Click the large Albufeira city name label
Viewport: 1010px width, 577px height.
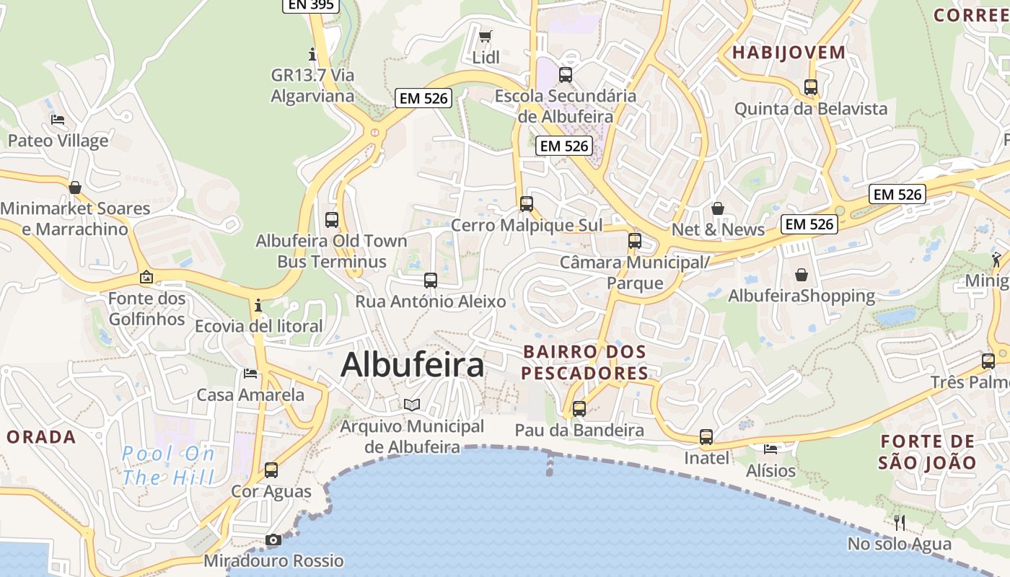click(x=412, y=365)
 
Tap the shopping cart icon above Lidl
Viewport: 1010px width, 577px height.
click(x=486, y=36)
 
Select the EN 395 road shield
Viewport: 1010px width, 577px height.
click(x=310, y=5)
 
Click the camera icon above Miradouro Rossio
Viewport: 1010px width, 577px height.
click(x=273, y=539)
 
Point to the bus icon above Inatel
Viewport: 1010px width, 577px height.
click(x=706, y=437)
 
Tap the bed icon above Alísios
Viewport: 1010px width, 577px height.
click(x=770, y=449)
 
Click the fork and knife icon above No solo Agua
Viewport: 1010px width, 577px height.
click(x=899, y=522)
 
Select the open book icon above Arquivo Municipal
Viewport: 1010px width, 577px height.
click(x=411, y=405)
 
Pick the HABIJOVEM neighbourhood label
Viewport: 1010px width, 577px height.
click(x=789, y=53)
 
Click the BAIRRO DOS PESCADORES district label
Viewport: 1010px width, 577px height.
click(x=585, y=363)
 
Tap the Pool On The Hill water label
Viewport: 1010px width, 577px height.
click(x=169, y=465)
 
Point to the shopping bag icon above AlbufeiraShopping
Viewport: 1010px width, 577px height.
click(x=801, y=275)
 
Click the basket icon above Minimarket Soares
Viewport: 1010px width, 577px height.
click(x=75, y=188)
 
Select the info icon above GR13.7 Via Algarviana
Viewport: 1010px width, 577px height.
click(x=312, y=54)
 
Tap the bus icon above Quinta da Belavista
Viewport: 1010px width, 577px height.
click(x=811, y=87)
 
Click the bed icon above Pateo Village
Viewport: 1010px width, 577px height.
click(x=58, y=120)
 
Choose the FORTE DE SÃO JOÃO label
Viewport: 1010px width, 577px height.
click(x=928, y=452)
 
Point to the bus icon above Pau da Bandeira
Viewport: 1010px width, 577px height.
click(x=579, y=409)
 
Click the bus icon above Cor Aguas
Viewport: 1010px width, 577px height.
click(x=271, y=470)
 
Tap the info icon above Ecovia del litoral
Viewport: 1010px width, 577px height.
click(x=258, y=305)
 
